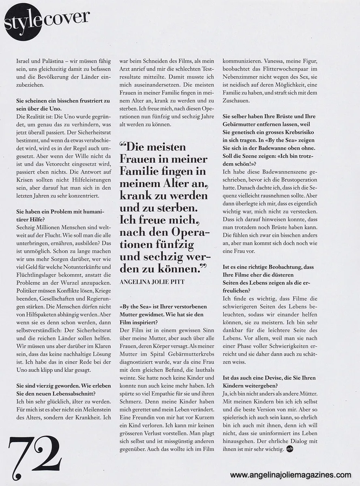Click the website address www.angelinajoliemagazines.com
click(291, 475)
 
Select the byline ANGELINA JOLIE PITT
click(152, 282)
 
